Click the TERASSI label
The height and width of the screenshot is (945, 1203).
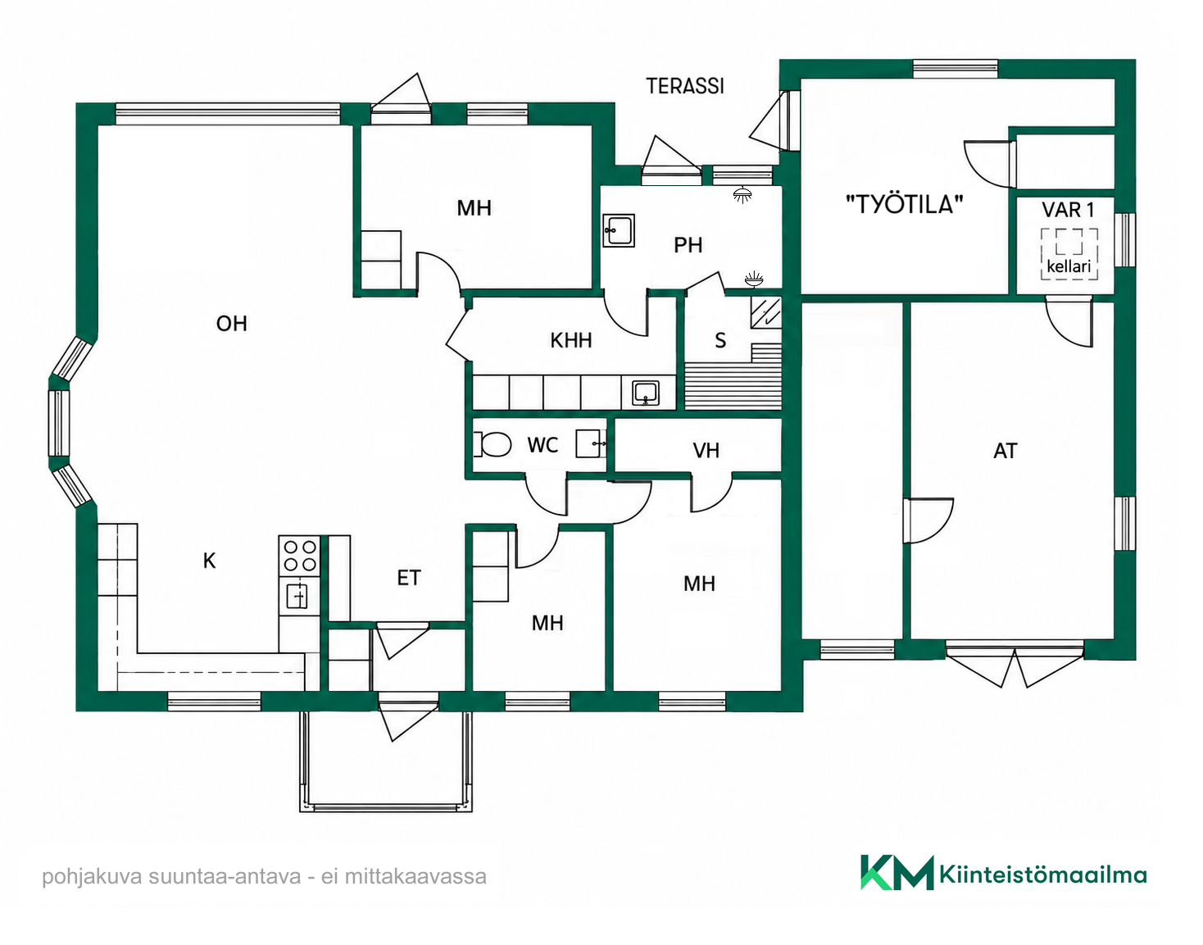point(685,86)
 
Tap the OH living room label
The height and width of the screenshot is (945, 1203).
point(231,323)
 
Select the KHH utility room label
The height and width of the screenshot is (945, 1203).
point(571,340)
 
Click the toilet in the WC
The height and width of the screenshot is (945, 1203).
point(493,444)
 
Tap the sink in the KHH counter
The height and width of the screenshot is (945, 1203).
point(646,393)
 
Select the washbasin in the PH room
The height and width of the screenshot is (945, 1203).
point(619,230)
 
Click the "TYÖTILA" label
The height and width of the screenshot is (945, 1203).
point(904,204)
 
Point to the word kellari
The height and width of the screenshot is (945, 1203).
point(1069,267)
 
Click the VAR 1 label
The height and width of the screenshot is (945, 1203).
point(1068,210)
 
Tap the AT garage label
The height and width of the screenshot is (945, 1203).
point(1006,451)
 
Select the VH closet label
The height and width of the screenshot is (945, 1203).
point(706,451)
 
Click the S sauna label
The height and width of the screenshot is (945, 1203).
point(720,340)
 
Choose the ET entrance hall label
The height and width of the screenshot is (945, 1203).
point(409,578)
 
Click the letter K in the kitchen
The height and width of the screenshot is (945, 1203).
point(209,561)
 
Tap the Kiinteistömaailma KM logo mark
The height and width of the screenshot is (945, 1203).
point(897,873)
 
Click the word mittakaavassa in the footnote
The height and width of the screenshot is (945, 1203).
point(415,876)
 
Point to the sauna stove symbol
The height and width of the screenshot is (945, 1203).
point(766,313)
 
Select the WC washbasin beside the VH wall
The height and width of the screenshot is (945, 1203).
point(591,444)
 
